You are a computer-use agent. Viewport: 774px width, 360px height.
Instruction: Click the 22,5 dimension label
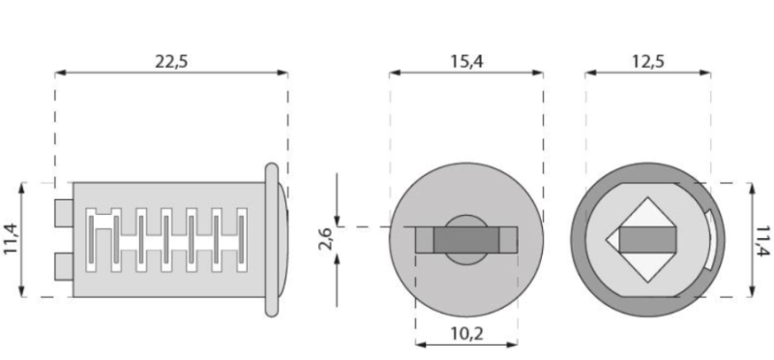[x=171, y=62]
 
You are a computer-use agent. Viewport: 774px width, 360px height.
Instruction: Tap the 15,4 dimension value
[x=466, y=62]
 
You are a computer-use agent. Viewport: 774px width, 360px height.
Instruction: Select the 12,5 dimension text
[x=648, y=62]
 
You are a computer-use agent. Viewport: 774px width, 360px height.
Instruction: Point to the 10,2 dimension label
[x=466, y=334]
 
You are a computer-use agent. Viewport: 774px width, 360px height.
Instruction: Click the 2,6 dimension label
[x=326, y=239]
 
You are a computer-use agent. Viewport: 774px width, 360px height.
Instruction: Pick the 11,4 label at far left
[x=11, y=239]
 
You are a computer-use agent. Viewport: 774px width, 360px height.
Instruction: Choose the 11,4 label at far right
[x=762, y=241]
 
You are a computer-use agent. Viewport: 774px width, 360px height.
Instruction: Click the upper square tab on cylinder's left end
[x=64, y=213]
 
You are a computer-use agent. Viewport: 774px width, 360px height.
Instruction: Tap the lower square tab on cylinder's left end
[x=64, y=267]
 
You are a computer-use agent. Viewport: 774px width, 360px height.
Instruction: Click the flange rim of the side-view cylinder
[x=272, y=239]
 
